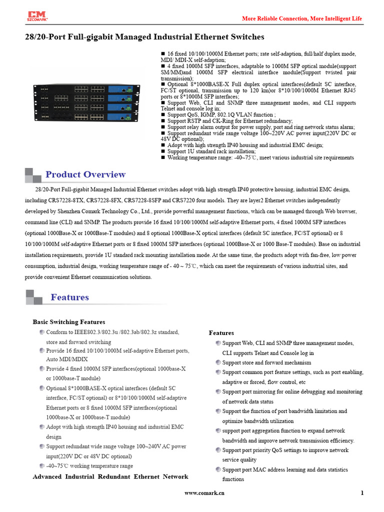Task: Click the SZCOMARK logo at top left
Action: pos(38,17)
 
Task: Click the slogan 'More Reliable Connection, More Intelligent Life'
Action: pos(302,18)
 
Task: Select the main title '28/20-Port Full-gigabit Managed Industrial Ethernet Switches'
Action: pos(145,37)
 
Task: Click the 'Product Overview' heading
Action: pos(85,174)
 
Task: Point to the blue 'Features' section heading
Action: pos(69,297)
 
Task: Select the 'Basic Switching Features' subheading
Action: pos(69,322)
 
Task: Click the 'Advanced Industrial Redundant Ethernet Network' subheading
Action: pos(110,476)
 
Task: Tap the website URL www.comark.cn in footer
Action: pos(204,493)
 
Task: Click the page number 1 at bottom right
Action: pos(361,493)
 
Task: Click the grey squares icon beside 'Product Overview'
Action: pos(33,174)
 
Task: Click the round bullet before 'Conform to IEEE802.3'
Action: pos(42,332)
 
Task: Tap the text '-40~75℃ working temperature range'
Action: pos(89,466)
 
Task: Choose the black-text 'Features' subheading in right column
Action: pos(221,333)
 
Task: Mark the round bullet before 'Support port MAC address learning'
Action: pos(218,469)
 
